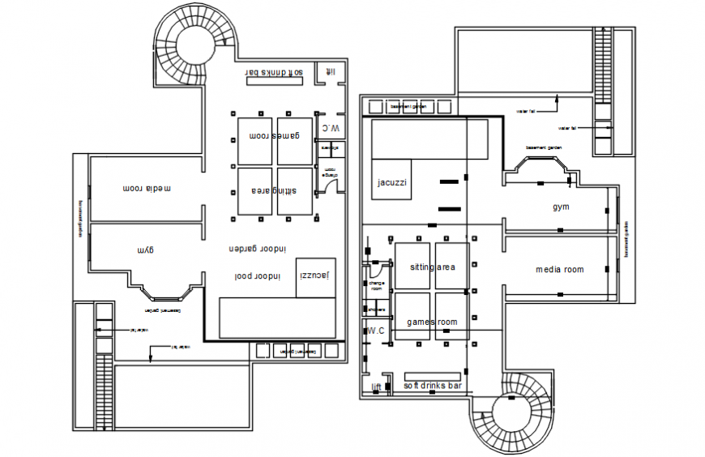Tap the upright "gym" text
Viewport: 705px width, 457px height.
[561, 207]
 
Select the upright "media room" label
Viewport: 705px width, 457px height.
[559, 269]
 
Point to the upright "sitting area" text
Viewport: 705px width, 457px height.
[432, 267]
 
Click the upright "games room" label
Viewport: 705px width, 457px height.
[432, 322]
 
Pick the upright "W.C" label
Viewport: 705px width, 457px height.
[374, 331]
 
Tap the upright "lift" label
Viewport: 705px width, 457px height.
[376, 387]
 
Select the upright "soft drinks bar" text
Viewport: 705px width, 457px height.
[433, 387]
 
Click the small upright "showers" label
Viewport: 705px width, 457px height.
[375, 310]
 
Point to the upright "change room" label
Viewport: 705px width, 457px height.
[375, 285]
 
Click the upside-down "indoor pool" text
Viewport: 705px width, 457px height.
[257, 276]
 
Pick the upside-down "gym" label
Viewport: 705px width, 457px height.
[145, 249]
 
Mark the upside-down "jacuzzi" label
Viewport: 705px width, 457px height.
[314, 276]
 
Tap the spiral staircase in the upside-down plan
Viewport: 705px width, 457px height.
[194, 45]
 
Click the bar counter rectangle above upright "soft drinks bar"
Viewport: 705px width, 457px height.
[433, 377]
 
